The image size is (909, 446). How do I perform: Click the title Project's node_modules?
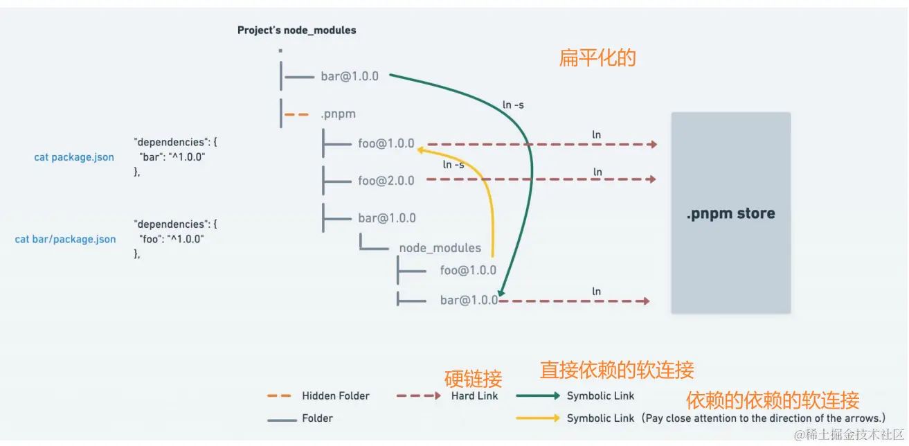click(296, 30)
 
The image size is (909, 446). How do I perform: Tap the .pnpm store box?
click(730, 213)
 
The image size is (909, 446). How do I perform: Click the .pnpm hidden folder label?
click(338, 114)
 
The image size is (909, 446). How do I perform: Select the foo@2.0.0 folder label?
click(386, 181)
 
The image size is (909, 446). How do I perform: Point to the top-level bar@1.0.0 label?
click(350, 76)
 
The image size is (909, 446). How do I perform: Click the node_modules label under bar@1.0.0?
click(440, 248)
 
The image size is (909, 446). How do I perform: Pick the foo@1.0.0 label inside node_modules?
click(468, 270)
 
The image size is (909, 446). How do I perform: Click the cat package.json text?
click(74, 157)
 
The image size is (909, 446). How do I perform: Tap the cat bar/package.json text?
click(65, 240)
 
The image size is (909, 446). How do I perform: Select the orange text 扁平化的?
click(597, 58)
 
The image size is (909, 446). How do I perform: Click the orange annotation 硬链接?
click(473, 379)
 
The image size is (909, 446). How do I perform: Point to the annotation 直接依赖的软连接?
click(616, 371)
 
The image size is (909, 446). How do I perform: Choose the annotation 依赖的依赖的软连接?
click(772, 400)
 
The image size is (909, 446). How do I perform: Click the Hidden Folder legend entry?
click(335, 396)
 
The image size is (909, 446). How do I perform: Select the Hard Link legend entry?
click(474, 396)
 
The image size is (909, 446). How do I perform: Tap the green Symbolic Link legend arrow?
click(538, 396)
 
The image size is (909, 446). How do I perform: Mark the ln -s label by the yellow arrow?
click(453, 165)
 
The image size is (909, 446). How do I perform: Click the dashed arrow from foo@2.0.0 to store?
click(540, 179)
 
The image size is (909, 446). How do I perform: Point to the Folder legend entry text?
click(317, 418)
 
